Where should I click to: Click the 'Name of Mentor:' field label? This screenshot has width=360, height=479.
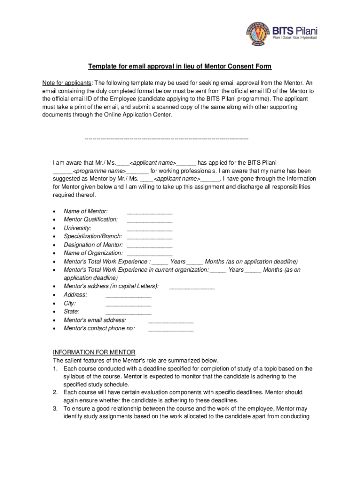pos(86,211)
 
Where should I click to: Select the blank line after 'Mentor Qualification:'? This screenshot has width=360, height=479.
pos(149,221)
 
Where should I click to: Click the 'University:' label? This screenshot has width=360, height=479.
pos(77,228)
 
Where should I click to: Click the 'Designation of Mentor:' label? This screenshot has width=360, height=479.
pos(93,245)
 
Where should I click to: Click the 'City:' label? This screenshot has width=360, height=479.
pos(70,303)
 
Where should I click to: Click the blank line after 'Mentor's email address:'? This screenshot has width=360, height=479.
pos(170,321)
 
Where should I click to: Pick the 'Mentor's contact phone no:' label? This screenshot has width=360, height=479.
pos(99,329)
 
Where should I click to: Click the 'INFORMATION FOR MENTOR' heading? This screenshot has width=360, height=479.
pos(94,352)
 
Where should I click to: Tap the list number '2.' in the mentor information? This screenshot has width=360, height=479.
pos(55,392)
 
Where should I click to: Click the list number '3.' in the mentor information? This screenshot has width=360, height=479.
pos(55,408)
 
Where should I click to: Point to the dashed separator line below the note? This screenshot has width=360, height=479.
pos(166,139)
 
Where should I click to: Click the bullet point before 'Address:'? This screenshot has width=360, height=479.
pos(56,295)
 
